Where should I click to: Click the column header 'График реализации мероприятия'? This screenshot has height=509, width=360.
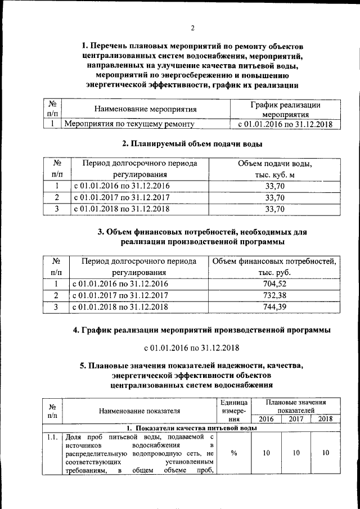point(285,109)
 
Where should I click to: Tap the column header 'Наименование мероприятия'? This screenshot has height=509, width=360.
point(145,109)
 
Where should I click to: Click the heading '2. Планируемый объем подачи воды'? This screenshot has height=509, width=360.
point(193,144)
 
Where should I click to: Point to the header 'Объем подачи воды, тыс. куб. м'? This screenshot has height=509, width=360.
point(274,169)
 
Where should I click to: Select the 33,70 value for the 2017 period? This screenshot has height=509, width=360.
point(274,197)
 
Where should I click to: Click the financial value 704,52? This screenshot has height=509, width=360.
point(274,284)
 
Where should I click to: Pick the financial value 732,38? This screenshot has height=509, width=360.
point(274,295)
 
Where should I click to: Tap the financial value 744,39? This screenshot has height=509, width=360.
point(274,307)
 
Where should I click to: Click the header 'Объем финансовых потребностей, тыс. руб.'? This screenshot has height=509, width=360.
point(274,267)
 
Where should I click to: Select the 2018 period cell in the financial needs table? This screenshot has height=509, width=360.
point(120,307)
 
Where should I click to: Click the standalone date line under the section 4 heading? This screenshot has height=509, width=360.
point(192,347)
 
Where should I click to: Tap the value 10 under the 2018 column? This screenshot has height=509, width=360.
point(325,452)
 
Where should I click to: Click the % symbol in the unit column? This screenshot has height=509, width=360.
point(233,452)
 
